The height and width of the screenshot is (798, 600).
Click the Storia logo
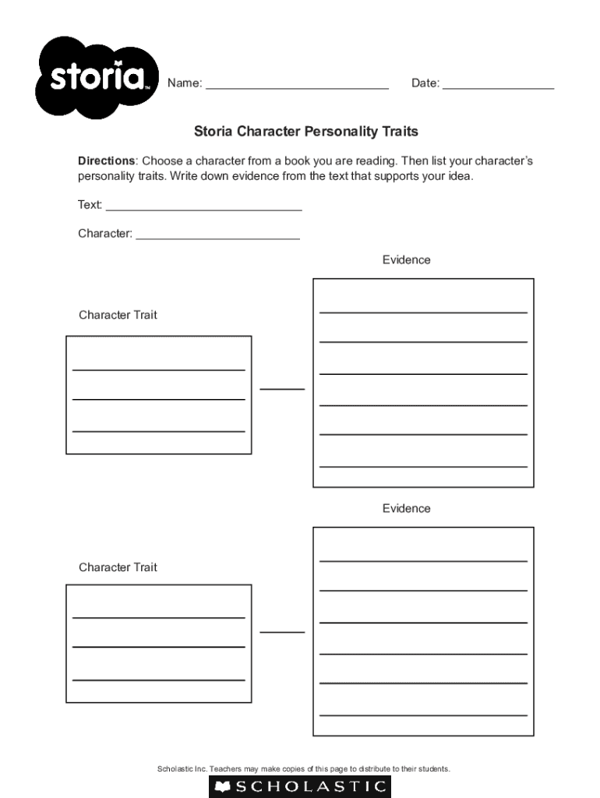[x=97, y=77]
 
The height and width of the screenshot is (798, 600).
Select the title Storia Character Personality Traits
[x=306, y=132]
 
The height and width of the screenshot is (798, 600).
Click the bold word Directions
[x=106, y=161]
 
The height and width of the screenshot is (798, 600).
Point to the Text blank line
[x=203, y=210]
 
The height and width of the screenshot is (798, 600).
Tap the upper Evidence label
[x=406, y=260]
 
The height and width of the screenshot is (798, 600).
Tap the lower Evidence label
[x=406, y=508]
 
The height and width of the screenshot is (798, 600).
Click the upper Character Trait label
[x=118, y=315]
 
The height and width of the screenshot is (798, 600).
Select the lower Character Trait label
[x=118, y=567]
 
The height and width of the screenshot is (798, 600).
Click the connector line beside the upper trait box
[x=282, y=388]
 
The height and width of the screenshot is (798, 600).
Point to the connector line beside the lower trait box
[x=282, y=631]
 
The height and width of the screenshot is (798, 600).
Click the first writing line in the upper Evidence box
[x=423, y=312]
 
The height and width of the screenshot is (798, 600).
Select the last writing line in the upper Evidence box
[x=423, y=467]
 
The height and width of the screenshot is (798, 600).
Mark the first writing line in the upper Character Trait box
[x=159, y=369]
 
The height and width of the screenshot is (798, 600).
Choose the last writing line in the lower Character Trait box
[x=159, y=680]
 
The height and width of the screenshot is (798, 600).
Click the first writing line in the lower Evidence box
[x=423, y=561]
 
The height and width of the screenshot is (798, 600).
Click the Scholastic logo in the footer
[x=300, y=786]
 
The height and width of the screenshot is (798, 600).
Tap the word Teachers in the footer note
[x=229, y=769]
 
